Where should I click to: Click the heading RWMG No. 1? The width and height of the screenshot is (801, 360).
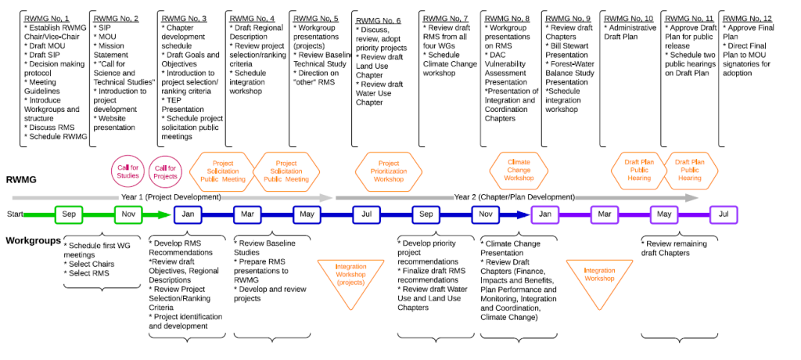[47, 18]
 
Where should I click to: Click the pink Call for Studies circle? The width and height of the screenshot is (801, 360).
[128, 171]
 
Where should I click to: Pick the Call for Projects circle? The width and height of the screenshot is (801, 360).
[165, 171]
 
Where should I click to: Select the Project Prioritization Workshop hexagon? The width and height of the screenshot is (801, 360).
[389, 173]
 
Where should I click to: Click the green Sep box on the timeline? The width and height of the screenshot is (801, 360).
[69, 214]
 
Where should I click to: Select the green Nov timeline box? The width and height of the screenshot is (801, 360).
[128, 214]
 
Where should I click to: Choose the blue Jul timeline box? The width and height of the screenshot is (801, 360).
[367, 214]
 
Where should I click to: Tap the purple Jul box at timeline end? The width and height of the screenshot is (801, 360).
[724, 214]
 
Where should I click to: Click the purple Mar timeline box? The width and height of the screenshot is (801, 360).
[605, 214]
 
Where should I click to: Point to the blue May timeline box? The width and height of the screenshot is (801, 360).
[307, 214]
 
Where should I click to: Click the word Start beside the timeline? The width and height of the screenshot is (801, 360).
[15, 214]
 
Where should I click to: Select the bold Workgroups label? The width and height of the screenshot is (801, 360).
[34, 240]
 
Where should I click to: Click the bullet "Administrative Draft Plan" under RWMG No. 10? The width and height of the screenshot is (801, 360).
[628, 33]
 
